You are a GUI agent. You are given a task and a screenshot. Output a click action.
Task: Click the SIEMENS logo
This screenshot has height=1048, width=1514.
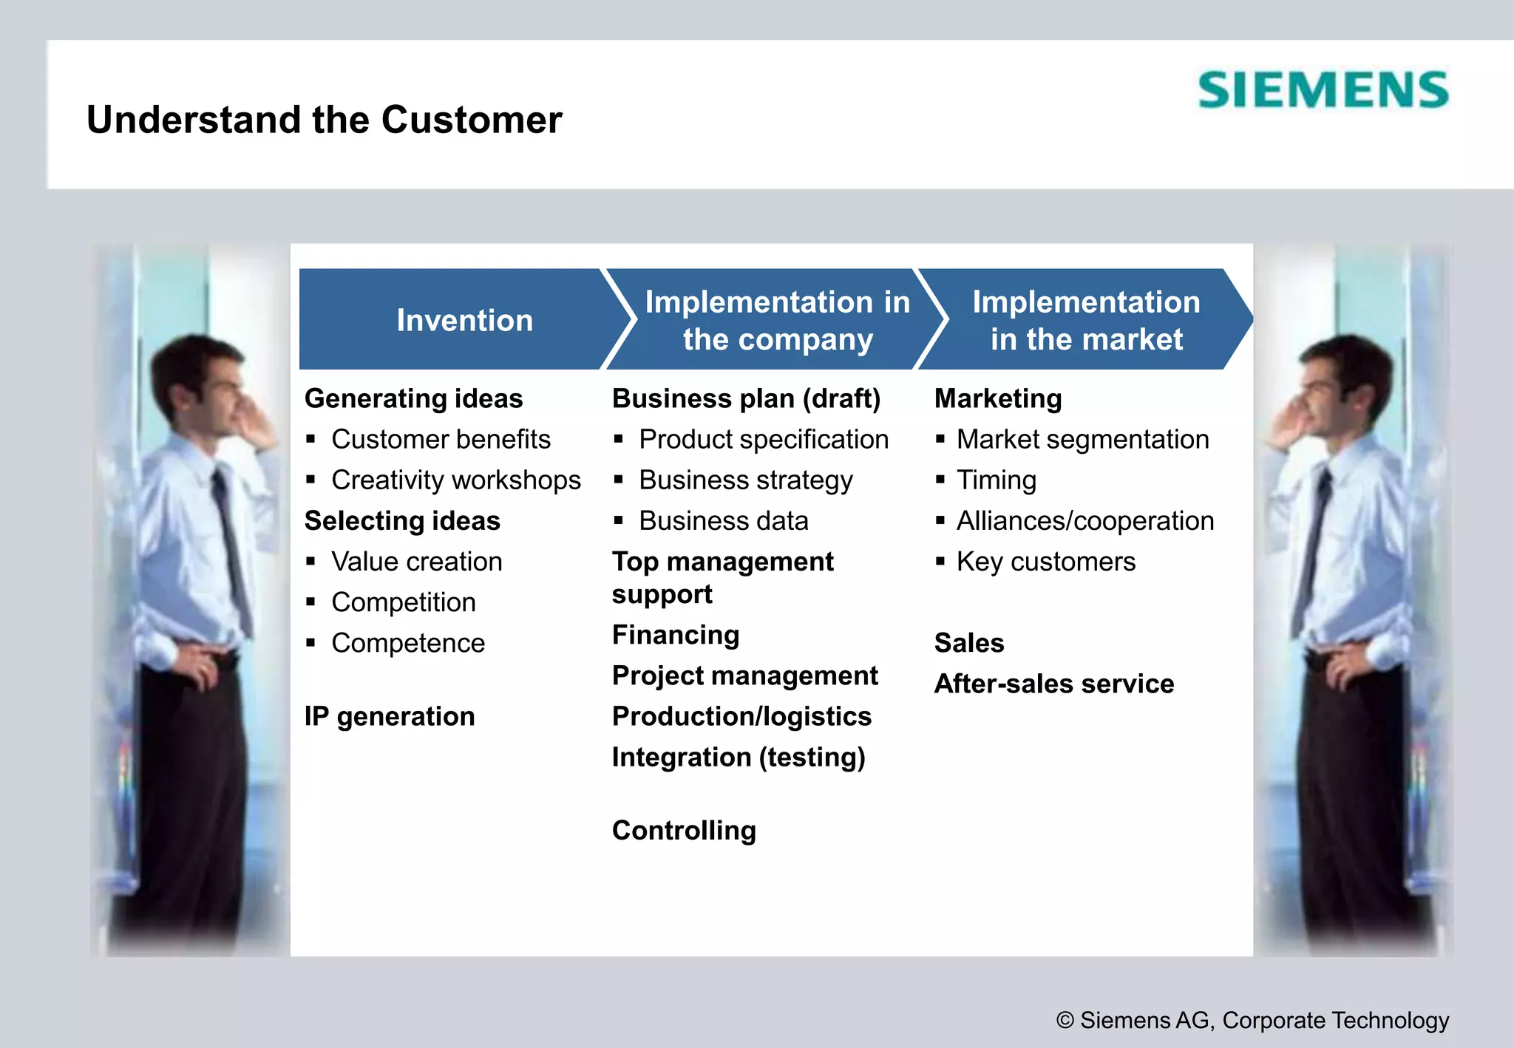click(1323, 90)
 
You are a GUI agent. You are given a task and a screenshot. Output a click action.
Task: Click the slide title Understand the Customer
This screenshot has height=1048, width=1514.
click(324, 120)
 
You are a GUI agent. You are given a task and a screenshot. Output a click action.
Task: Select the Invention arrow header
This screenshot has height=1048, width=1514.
click(464, 320)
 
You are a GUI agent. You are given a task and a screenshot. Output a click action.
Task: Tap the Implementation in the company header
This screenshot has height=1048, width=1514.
click(777, 320)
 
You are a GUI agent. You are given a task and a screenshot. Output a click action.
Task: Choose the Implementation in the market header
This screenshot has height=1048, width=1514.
click(1085, 320)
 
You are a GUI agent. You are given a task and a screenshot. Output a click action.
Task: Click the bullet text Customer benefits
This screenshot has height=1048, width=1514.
click(441, 440)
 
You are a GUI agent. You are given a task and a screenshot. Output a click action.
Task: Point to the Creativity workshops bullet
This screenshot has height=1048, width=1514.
click(455, 480)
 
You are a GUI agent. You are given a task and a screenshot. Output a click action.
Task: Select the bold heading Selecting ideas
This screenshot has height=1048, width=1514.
click(402, 521)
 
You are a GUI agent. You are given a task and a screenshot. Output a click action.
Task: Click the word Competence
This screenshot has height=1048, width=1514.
click(408, 643)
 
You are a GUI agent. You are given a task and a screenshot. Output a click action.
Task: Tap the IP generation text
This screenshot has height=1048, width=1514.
click(390, 716)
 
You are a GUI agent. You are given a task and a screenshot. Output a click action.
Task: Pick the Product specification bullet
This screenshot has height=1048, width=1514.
click(763, 440)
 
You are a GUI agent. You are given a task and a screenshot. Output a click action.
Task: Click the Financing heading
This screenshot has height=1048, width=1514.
click(676, 635)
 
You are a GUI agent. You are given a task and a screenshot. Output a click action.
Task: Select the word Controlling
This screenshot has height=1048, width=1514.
click(684, 830)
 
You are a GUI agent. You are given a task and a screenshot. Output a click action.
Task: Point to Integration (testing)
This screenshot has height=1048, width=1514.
click(739, 757)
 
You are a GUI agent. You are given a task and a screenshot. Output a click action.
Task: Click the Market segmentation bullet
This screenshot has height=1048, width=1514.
click(1082, 440)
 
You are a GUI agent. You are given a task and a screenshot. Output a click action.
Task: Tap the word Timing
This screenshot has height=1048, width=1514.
click(996, 480)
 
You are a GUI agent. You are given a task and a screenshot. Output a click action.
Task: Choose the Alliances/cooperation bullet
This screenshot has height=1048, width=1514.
click(1084, 521)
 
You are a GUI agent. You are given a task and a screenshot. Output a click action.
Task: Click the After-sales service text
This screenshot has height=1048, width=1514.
click(1053, 684)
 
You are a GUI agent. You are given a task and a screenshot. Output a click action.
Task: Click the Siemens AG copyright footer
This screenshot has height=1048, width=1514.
click(1252, 1020)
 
